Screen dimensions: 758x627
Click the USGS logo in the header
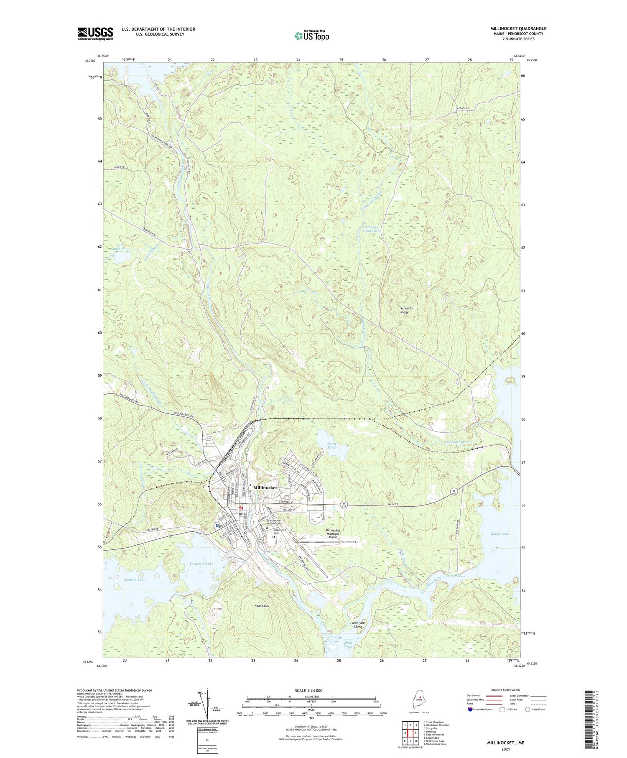coord(95,33)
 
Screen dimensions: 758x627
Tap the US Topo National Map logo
coord(311,36)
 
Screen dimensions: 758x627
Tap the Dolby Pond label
coord(500,534)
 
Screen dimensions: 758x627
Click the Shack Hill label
coord(262,606)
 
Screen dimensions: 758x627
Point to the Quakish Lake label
coord(135,580)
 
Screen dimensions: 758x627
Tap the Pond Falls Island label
coord(357,625)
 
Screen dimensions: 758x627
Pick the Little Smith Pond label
coord(120,247)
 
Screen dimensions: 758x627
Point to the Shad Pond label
coord(348,644)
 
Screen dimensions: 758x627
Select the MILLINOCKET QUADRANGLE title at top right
coord(518,29)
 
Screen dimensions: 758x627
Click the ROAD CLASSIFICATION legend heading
coord(505,690)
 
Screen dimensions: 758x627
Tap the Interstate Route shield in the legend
coord(471,710)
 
